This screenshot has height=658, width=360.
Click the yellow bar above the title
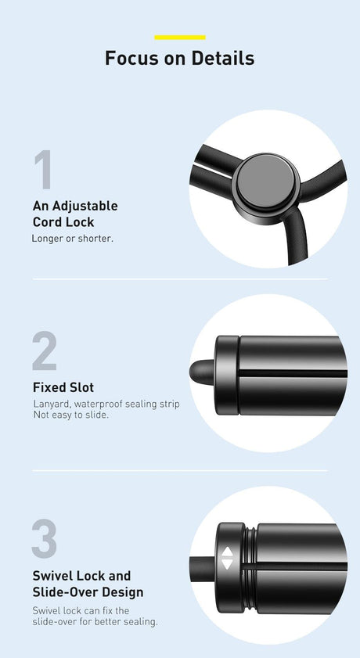[180, 38]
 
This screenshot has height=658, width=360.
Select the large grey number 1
[43, 169]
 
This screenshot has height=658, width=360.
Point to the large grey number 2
[45, 351]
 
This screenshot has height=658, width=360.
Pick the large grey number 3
[44, 538]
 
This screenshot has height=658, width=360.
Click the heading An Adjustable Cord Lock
[75, 214]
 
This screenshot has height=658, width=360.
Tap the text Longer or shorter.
[73, 239]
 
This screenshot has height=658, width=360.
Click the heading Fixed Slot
[63, 387]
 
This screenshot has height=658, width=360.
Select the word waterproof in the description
[99, 405]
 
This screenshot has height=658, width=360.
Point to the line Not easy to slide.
[70, 415]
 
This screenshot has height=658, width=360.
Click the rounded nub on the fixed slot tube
[202, 372]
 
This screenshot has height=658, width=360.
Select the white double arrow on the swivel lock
[227, 558]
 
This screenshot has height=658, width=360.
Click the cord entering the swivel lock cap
[203, 569]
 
